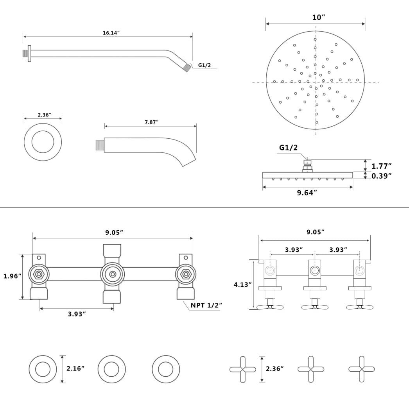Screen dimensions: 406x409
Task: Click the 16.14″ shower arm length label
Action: click(x=111, y=33)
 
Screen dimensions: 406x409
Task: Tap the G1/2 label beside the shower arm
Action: click(x=204, y=65)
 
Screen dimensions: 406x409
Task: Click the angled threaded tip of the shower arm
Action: click(x=187, y=68)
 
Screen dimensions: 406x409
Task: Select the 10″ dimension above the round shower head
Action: click(x=319, y=18)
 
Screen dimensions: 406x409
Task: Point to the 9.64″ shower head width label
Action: click(x=307, y=193)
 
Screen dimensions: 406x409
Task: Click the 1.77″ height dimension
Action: click(x=381, y=166)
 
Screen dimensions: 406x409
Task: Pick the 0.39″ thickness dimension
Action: click(x=381, y=176)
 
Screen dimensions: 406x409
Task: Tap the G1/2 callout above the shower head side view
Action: click(x=288, y=148)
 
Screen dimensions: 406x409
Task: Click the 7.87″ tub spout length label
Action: click(x=151, y=122)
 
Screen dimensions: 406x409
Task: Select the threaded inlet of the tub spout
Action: click(x=100, y=145)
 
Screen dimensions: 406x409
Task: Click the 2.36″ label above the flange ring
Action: click(x=44, y=115)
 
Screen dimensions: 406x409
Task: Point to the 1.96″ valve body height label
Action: click(x=12, y=276)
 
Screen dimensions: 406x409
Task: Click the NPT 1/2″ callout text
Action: click(x=206, y=305)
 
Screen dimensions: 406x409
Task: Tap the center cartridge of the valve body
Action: click(x=113, y=274)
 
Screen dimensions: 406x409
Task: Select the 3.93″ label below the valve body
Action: click(x=77, y=314)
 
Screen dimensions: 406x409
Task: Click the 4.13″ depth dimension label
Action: click(x=242, y=285)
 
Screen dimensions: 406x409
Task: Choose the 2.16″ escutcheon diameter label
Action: click(x=75, y=368)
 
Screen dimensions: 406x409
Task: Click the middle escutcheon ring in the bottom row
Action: click(x=111, y=369)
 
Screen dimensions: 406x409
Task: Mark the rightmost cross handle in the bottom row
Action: click(x=361, y=369)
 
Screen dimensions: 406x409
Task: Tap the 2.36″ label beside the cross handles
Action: click(x=274, y=368)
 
